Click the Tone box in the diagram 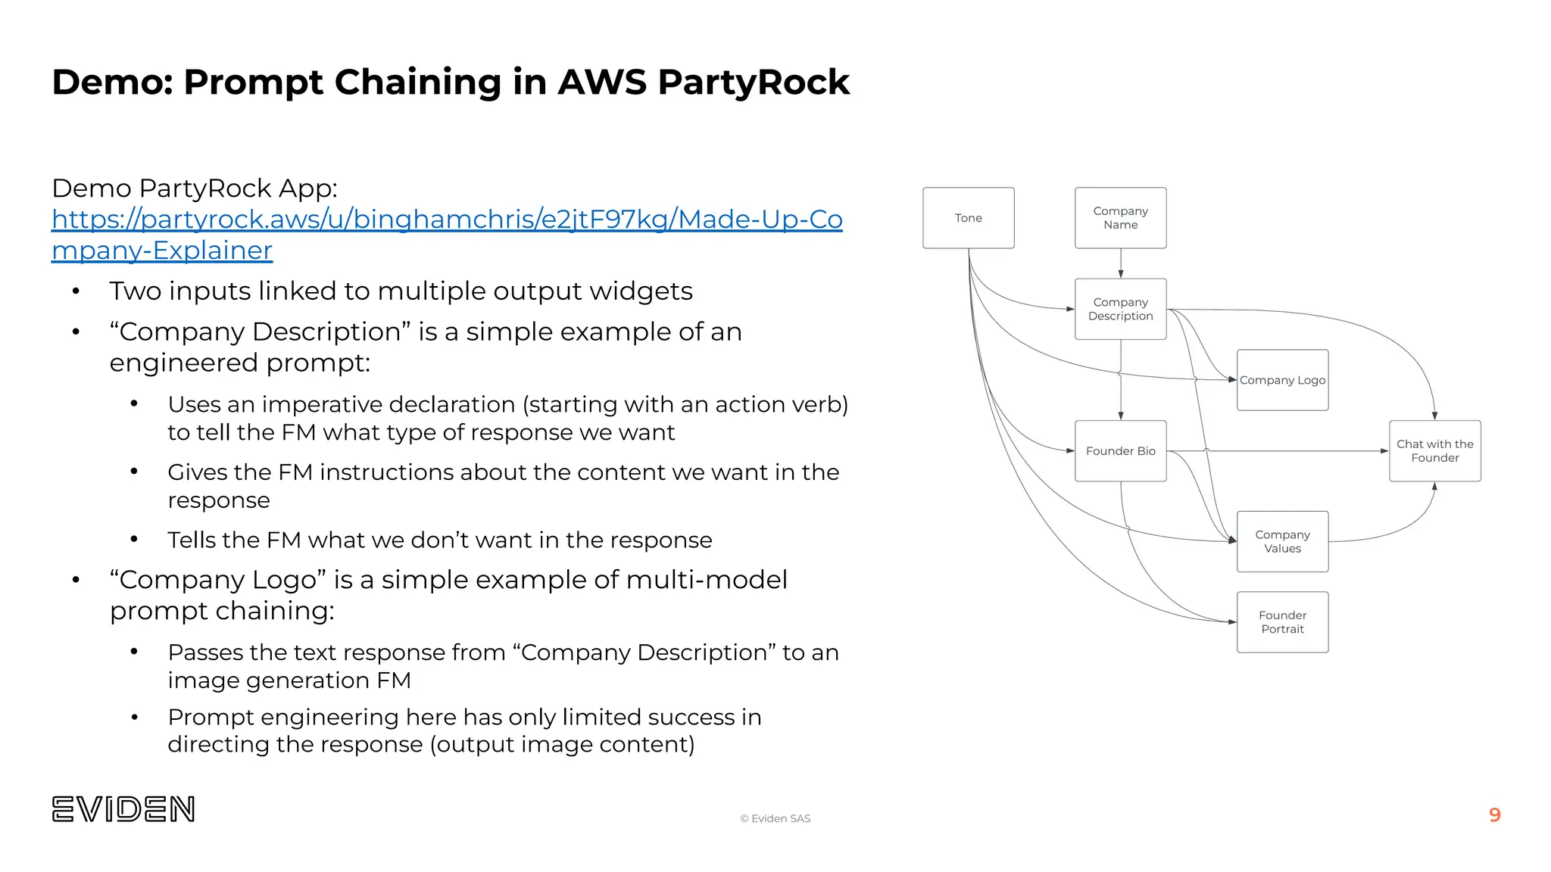coord(968,218)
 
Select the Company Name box coord(1120,218)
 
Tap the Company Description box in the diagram coord(1120,309)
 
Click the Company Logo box coord(1282,380)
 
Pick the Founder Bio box coord(1120,451)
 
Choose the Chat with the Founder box coord(1434,451)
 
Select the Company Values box coord(1282,541)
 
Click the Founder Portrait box coord(1282,622)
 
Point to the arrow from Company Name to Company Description coord(1121,263)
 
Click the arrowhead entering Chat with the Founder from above coord(1434,415)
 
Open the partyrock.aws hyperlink coord(447,220)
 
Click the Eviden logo coord(123,809)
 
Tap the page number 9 coord(1494,815)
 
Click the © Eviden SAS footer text coord(775,818)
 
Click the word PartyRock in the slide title coord(754,82)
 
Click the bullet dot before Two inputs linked coord(76,292)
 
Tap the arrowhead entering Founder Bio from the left coord(1070,451)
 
